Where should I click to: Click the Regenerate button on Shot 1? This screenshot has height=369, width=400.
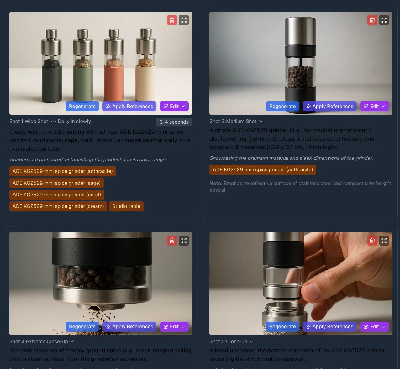point(82,106)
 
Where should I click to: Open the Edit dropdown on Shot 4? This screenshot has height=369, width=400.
point(174,326)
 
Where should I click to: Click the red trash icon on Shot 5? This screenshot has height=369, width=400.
point(372,241)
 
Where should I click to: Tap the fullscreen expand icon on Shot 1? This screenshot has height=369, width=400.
point(184,20)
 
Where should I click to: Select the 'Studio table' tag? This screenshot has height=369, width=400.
point(126,206)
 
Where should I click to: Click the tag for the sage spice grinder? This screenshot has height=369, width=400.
point(56,183)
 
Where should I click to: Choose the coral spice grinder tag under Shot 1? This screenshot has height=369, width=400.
point(57,195)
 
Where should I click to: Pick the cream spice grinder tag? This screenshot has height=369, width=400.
point(58,206)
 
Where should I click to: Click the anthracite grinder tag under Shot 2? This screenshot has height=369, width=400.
point(263,169)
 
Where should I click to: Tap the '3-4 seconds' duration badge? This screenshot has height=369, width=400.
point(174,122)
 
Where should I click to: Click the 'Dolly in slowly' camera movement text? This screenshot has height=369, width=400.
point(74,121)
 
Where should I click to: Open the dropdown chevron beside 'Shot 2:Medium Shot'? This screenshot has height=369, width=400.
point(261,121)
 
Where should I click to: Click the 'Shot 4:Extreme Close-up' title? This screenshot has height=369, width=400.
point(39,341)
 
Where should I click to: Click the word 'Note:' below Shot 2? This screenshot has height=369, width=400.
point(216,183)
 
